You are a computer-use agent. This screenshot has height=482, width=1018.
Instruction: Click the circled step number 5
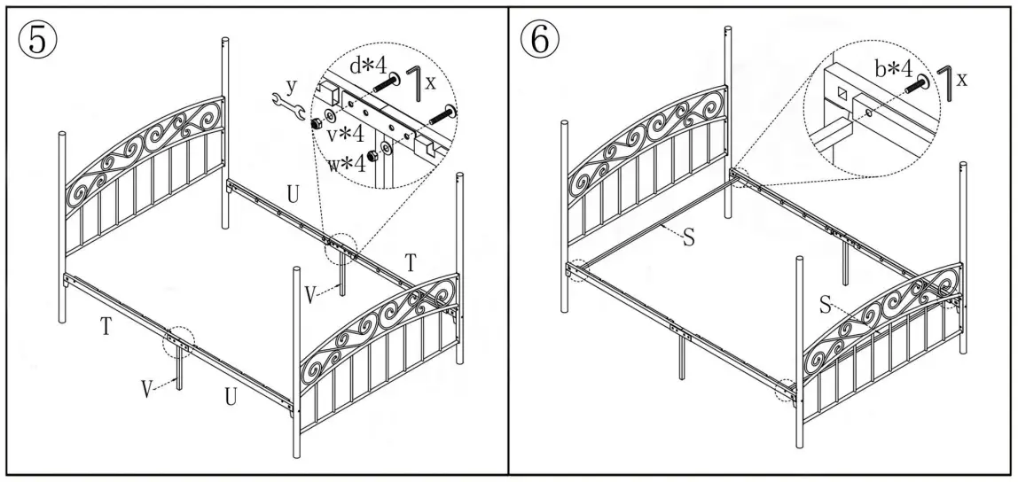coord(35,42)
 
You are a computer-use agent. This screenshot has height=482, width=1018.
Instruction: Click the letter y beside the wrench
coord(289,87)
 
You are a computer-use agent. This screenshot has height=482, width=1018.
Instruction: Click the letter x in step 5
coord(431,82)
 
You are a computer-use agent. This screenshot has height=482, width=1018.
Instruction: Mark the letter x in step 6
coord(961,80)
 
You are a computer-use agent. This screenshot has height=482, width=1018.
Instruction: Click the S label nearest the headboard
coord(687,238)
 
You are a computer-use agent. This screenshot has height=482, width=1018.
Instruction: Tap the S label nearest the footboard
coord(825,306)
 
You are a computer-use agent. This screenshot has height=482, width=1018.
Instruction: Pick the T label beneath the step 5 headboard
coord(106,325)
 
